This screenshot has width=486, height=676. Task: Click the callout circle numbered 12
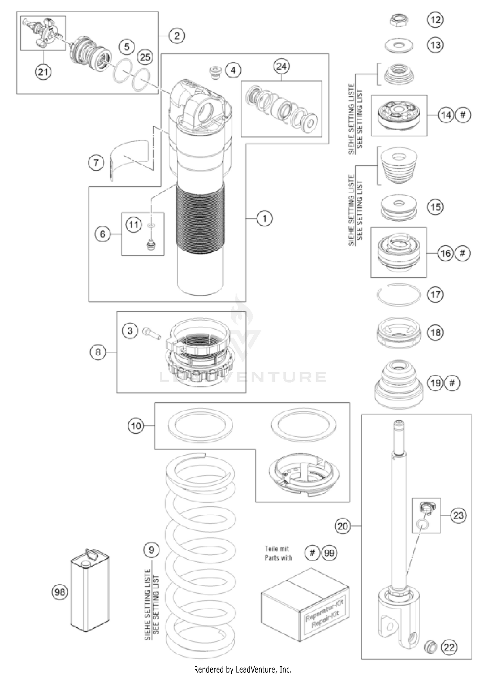pos(435,20)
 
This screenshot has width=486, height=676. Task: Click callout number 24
pos(281,66)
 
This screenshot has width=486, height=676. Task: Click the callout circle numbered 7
pos(96,162)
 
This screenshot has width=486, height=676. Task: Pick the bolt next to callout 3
pos(152,333)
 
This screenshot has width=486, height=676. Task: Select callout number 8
pos(98,352)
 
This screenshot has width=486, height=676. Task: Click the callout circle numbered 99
pos(329,553)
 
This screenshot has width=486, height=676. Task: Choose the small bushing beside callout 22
pos(430,647)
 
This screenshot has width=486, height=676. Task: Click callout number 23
pos(458,515)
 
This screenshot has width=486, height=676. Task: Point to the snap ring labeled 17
pos(399,294)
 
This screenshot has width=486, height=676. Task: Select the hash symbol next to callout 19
pos(452,383)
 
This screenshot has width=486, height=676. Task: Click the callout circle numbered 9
pos(151,550)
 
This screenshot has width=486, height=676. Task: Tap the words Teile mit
pos(276,549)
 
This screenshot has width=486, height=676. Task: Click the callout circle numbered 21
pos(43,72)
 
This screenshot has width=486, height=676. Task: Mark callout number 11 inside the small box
pos(134,225)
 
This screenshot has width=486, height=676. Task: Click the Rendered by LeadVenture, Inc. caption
pos(243,669)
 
